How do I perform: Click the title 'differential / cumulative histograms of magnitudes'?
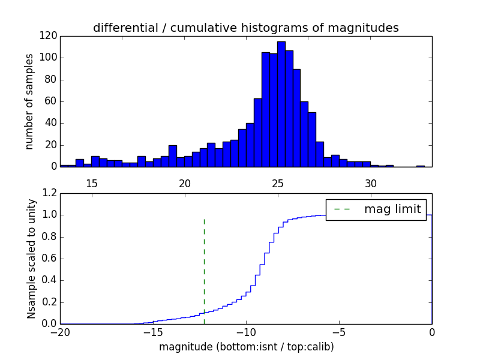[x=245, y=28]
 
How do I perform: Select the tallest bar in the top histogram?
[x=281, y=104]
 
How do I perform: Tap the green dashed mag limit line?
[x=204, y=264]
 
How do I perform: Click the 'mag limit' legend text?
[x=392, y=209]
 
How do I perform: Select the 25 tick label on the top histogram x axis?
[x=277, y=182]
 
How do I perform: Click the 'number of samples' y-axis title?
[x=29, y=101]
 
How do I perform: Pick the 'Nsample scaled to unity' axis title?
[x=31, y=258]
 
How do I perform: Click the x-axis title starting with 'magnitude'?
[x=246, y=347]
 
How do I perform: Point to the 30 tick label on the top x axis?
[x=370, y=182]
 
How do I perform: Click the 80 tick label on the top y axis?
[x=51, y=80]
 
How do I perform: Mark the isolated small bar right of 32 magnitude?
[x=420, y=166]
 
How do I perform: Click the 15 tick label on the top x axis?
[x=92, y=182]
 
